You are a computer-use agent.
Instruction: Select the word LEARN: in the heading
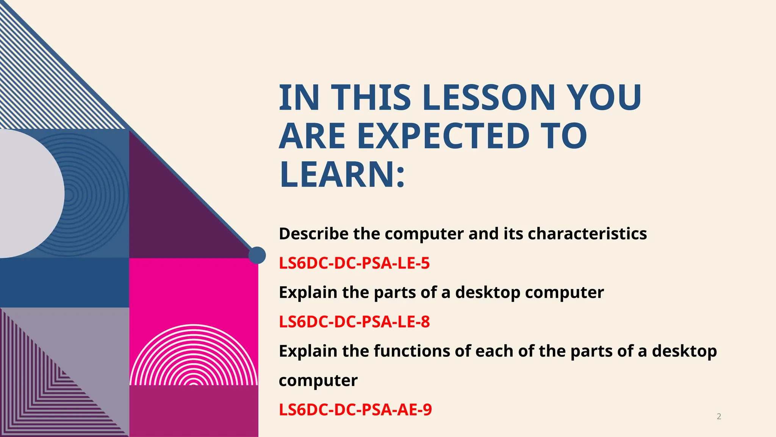click(342, 174)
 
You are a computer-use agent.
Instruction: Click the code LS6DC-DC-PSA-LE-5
click(354, 263)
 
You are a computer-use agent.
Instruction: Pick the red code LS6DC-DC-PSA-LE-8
click(354, 322)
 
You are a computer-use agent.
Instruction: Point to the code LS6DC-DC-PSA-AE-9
click(355, 410)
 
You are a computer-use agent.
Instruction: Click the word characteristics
click(587, 234)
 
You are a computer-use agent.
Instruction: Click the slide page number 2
click(719, 417)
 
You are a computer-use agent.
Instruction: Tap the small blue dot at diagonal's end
click(257, 255)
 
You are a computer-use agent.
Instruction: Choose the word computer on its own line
click(318, 380)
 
